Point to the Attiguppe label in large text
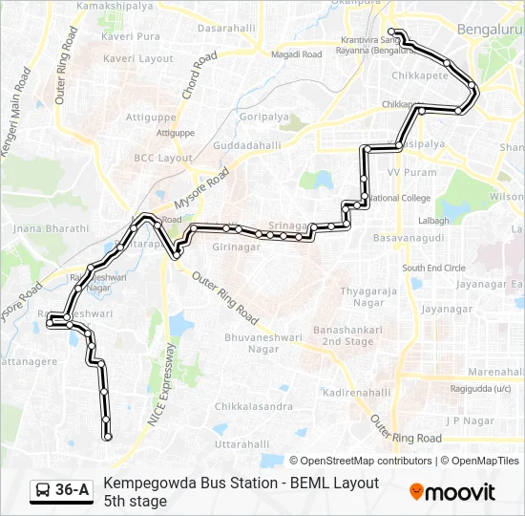pos(152,117)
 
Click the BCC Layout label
pos(162,158)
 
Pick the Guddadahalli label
pos(246,145)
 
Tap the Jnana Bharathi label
pos(52,229)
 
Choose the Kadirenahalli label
pos(356,393)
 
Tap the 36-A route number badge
pos(61,491)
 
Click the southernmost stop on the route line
pos(107,438)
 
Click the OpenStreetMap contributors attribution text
pos(362,461)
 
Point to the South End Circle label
pos(433,269)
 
